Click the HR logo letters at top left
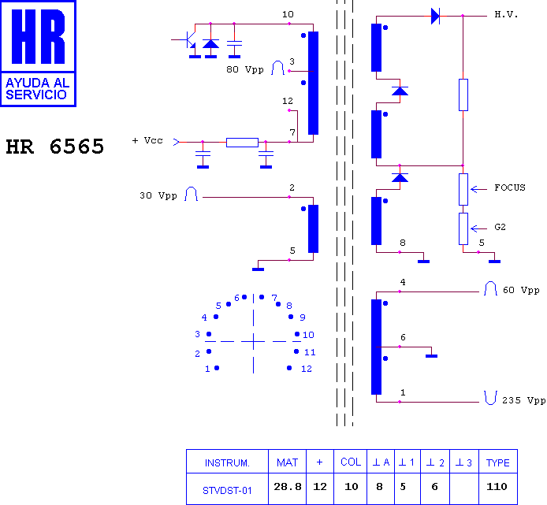[x=39, y=36]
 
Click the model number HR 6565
[x=55, y=147]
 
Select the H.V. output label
[x=506, y=15]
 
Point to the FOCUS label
[x=510, y=188]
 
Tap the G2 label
[x=500, y=227]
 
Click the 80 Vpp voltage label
[x=245, y=69]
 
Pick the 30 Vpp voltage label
[x=158, y=195]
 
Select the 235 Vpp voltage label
[x=523, y=400]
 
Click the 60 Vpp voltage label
[x=521, y=290]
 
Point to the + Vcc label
[x=147, y=140]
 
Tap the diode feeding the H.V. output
[x=435, y=16]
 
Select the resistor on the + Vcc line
[x=242, y=143]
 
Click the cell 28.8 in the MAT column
[x=288, y=487]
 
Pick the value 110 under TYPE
[x=497, y=487]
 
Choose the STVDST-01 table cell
[x=227, y=491]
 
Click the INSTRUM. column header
[x=227, y=462]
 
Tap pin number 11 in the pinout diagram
[x=310, y=352]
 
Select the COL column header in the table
[x=351, y=462]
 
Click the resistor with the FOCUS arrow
[x=463, y=189]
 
